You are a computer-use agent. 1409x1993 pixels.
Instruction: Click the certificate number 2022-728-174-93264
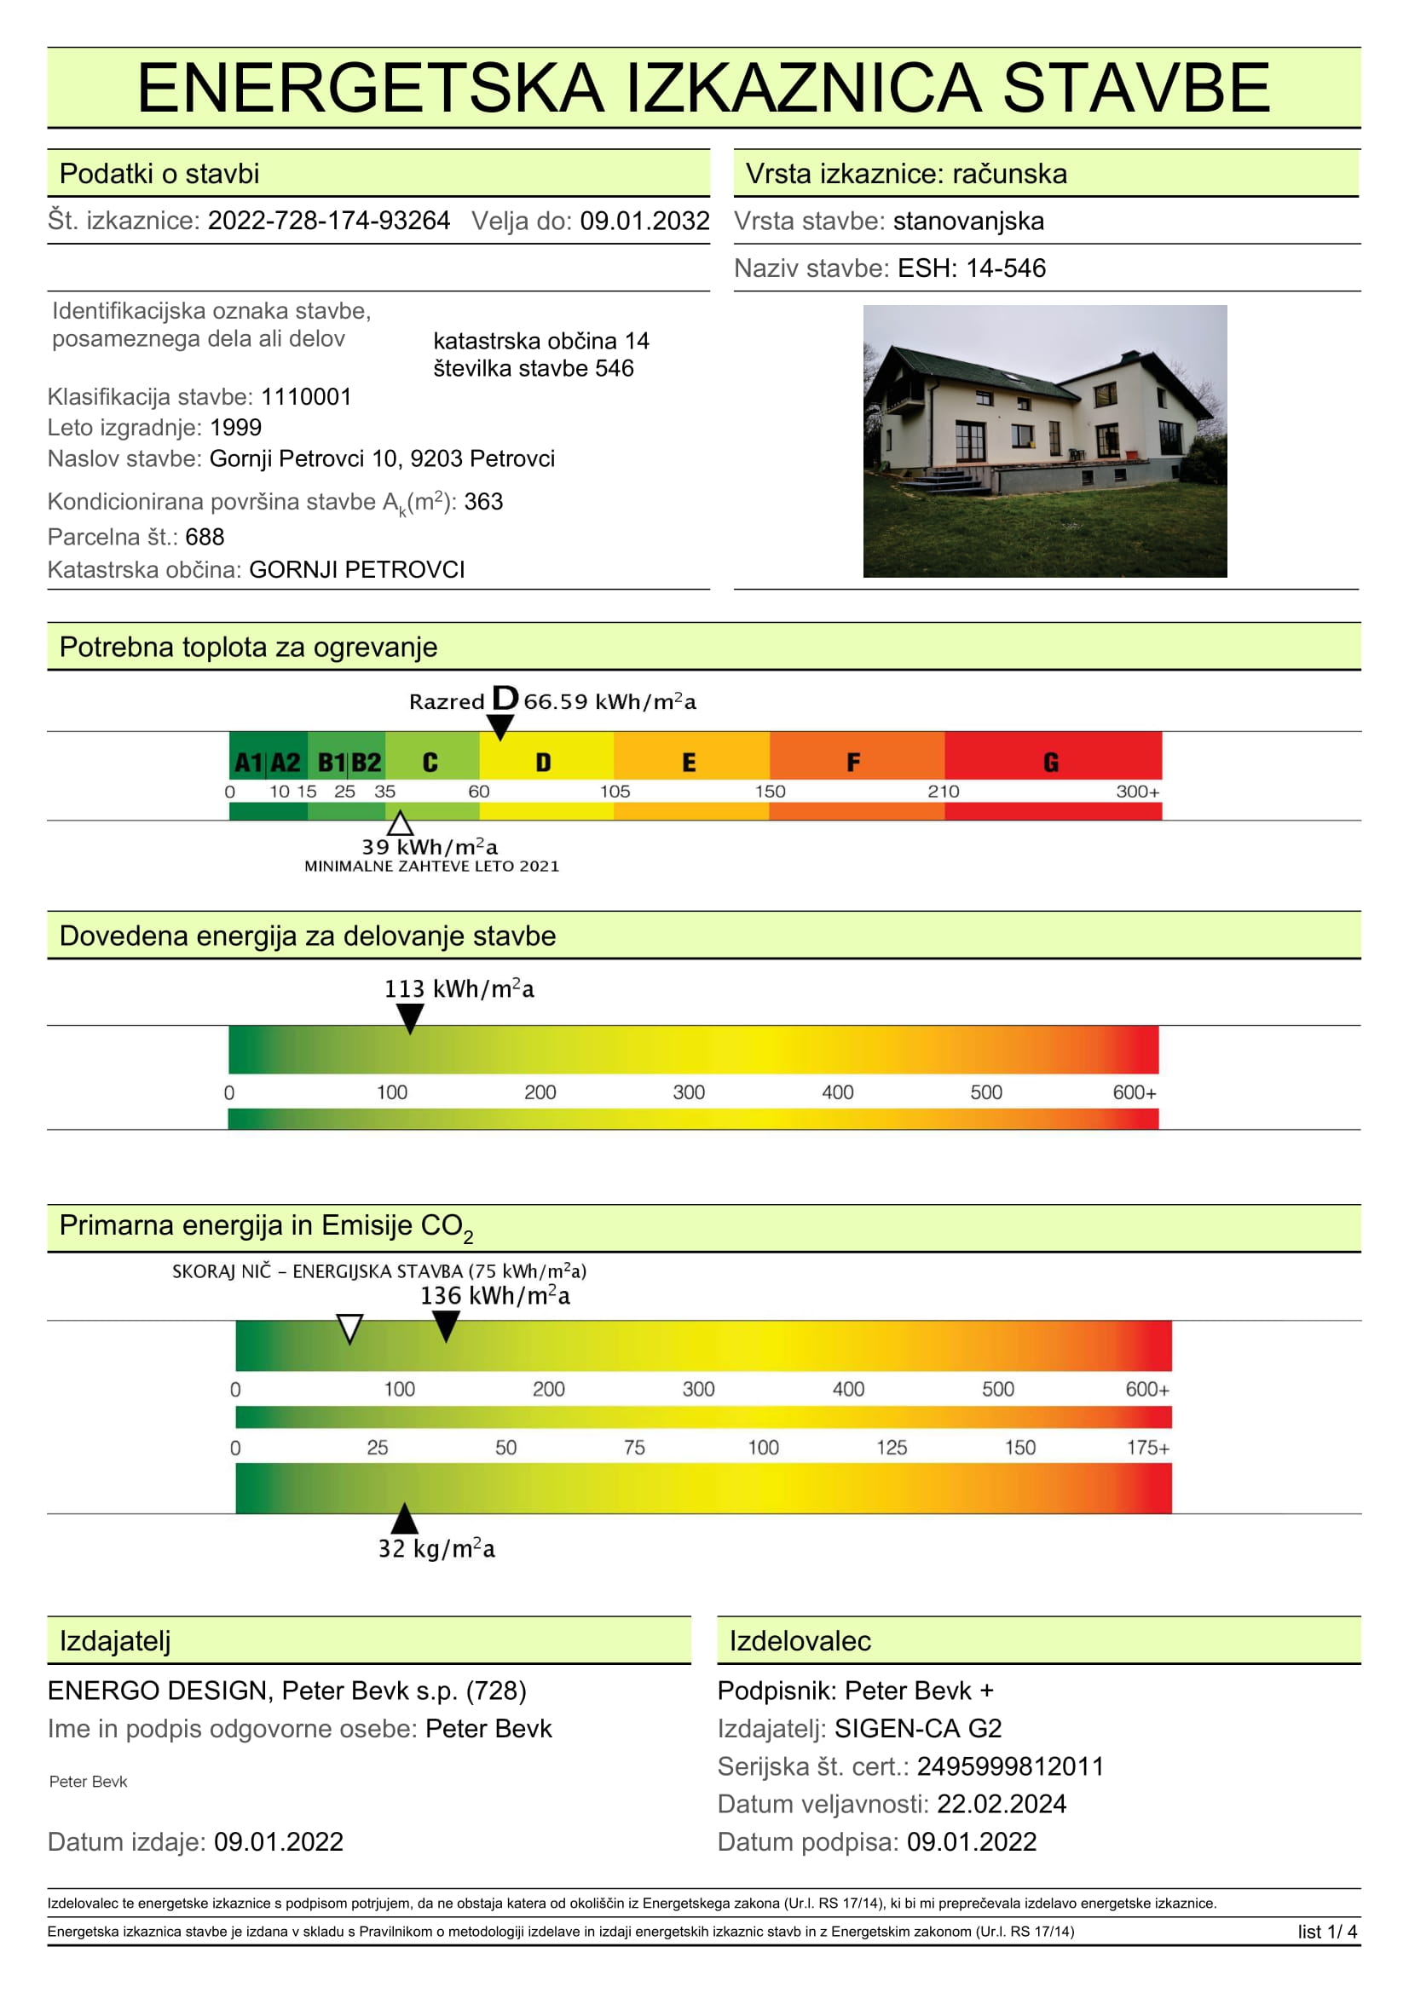(328, 221)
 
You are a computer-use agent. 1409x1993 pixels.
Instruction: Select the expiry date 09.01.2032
(644, 221)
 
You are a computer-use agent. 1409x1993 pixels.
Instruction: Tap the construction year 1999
(235, 427)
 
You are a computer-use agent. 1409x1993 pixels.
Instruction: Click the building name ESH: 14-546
(972, 268)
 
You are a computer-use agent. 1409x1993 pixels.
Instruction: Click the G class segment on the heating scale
(1051, 761)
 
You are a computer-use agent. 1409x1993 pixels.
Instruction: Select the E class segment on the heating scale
(690, 761)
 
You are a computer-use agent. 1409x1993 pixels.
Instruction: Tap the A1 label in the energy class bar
(248, 762)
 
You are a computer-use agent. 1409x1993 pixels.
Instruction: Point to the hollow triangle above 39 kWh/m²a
(400, 824)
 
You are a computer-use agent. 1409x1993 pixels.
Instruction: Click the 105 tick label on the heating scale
(615, 792)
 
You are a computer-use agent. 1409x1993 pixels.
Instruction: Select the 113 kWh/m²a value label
(459, 988)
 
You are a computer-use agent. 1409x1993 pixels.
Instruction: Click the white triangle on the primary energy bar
(349, 1328)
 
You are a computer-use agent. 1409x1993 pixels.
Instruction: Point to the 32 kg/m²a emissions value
(436, 1549)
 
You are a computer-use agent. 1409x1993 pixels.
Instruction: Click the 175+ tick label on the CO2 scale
(1146, 1448)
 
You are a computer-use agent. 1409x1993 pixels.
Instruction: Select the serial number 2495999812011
(1009, 1766)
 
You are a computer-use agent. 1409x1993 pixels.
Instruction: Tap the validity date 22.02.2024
(1001, 1804)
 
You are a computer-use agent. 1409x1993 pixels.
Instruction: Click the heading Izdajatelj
(114, 1641)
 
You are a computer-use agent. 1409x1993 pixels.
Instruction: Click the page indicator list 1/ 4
(1326, 1933)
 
